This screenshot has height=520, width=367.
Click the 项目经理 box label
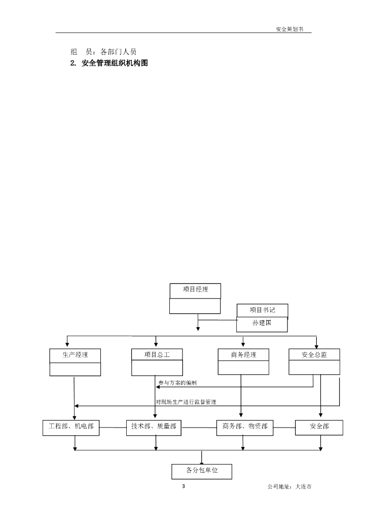[195, 290]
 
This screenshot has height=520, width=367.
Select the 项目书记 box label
[263, 310]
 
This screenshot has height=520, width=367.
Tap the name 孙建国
[263, 323]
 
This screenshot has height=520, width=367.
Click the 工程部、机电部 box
[71, 427]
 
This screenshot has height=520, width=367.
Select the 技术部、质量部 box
[154, 427]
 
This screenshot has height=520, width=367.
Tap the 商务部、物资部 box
[245, 427]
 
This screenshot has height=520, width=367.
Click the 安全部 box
[319, 427]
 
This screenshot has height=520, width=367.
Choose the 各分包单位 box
[202, 471]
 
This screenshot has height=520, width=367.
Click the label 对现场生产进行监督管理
[186, 402]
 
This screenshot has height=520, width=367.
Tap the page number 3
[183, 487]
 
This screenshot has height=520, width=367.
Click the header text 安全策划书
[289, 29]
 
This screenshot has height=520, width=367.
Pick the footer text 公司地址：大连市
[289, 487]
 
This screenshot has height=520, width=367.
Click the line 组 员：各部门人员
[103, 51]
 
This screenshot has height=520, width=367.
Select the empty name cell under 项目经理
[195, 306]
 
